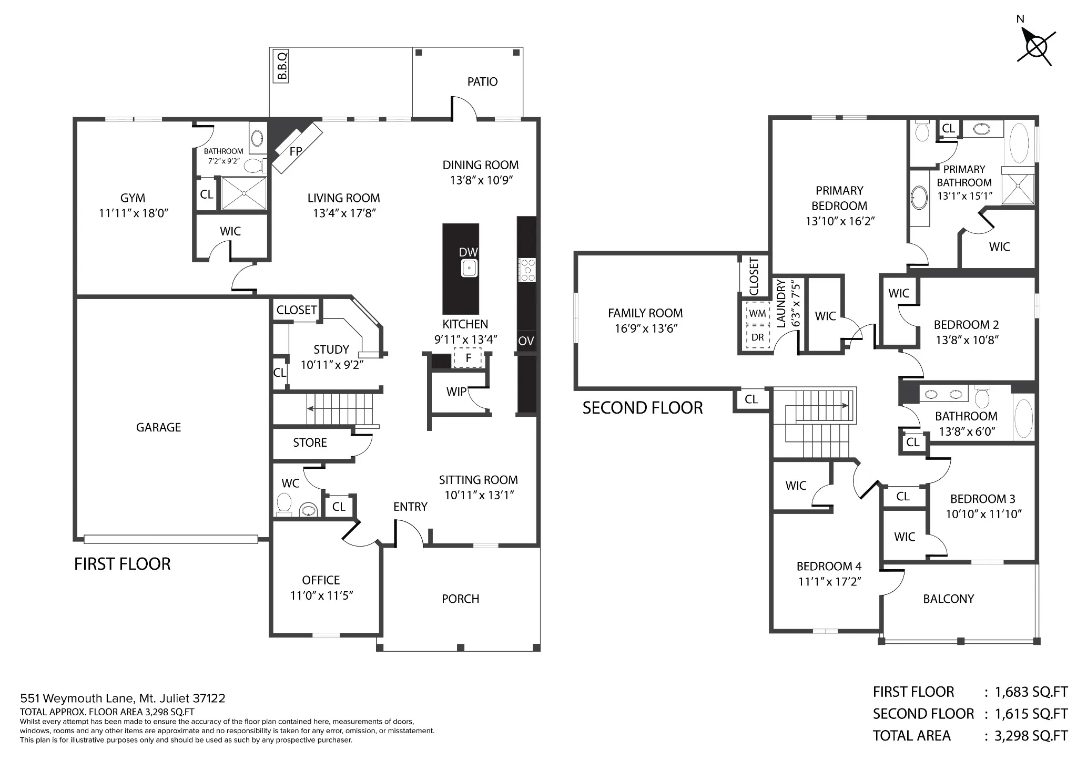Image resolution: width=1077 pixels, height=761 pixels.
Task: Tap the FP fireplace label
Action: point(296,151)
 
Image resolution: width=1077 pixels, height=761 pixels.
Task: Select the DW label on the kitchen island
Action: point(468,252)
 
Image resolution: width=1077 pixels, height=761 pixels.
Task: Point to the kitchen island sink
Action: point(469,268)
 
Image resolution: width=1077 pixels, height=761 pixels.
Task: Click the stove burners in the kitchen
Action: point(527,270)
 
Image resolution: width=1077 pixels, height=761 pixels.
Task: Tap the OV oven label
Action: point(526,341)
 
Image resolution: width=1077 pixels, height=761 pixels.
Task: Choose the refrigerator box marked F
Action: point(469,358)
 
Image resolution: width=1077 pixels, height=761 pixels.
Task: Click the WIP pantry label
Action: point(456,392)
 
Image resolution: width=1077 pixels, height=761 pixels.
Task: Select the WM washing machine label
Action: point(757,313)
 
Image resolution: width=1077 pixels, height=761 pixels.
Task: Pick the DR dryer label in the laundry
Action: point(757,337)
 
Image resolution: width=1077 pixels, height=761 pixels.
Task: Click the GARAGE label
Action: point(158,427)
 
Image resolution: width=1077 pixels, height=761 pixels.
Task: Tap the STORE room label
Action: point(310,443)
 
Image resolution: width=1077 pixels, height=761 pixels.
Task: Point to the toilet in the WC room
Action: point(285,503)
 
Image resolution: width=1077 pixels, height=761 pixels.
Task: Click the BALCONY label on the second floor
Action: point(949,599)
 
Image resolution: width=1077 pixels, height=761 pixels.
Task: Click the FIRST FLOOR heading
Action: point(123,564)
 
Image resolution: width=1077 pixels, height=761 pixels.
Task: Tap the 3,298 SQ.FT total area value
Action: point(1031,736)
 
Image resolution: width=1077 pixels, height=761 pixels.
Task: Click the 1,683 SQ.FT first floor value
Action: point(1031,692)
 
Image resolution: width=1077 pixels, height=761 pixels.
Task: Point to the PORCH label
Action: point(461,599)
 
